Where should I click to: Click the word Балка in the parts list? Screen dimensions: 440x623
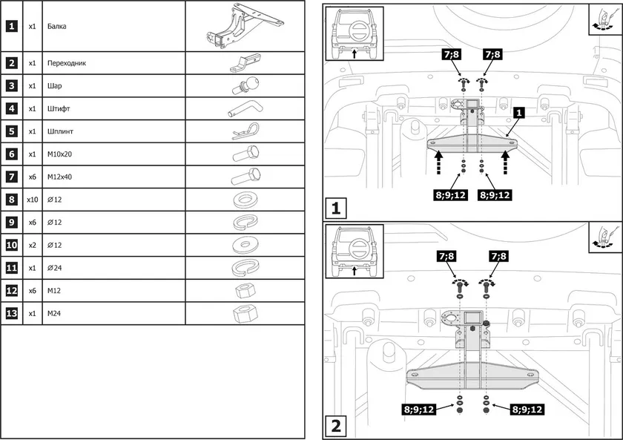tap(57, 27)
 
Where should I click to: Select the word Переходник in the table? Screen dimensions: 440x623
tap(67, 63)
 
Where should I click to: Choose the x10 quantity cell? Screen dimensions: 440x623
tap(32, 200)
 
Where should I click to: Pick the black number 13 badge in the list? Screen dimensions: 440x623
tap(11, 313)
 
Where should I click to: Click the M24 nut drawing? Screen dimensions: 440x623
tap(244, 313)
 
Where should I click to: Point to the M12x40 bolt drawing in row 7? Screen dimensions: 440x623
tap(245, 177)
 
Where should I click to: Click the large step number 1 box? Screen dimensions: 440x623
tap(336, 208)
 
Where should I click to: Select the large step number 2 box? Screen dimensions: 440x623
tap(336, 426)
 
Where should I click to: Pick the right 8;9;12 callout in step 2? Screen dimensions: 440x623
tap(526, 409)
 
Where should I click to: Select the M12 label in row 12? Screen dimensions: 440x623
tap(53, 291)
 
